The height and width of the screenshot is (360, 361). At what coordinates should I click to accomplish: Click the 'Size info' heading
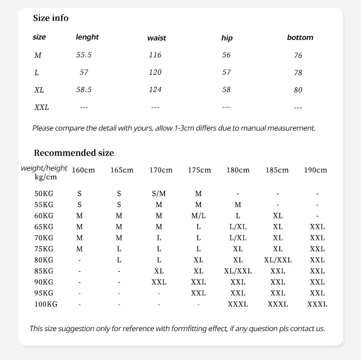click(x=51, y=18)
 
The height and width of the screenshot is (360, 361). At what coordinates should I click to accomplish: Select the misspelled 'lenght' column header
click(x=87, y=37)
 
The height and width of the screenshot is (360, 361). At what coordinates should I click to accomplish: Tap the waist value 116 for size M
click(x=155, y=55)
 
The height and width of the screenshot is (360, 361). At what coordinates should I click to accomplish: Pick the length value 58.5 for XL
click(x=84, y=90)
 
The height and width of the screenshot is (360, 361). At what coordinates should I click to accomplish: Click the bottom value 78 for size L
click(x=298, y=73)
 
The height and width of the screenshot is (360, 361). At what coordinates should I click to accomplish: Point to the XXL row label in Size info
click(x=41, y=107)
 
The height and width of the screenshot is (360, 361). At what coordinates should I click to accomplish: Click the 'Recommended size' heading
click(x=74, y=153)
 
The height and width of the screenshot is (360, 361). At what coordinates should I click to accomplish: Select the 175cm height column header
click(x=199, y=170)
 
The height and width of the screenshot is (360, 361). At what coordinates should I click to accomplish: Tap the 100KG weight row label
click(x=46, y=304)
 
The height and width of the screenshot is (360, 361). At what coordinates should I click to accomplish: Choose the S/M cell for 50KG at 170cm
click(x=159, y=194)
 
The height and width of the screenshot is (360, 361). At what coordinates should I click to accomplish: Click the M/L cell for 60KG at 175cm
click(x=198, y=216)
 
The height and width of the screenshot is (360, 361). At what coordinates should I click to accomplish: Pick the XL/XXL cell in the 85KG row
click(x=238, y=271)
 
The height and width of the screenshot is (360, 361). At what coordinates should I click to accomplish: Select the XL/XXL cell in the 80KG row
click(x=278, y=260)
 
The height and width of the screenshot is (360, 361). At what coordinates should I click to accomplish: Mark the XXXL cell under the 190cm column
click(x=317, y=304)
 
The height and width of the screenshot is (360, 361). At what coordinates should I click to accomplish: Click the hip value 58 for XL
click(x=226, y=90)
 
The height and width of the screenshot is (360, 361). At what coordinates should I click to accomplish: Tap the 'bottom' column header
click(x=300, y=38)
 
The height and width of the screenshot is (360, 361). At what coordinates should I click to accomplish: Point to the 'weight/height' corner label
click(x=44, y=168)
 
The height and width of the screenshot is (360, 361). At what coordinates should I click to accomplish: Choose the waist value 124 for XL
click(x=155, y=90)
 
